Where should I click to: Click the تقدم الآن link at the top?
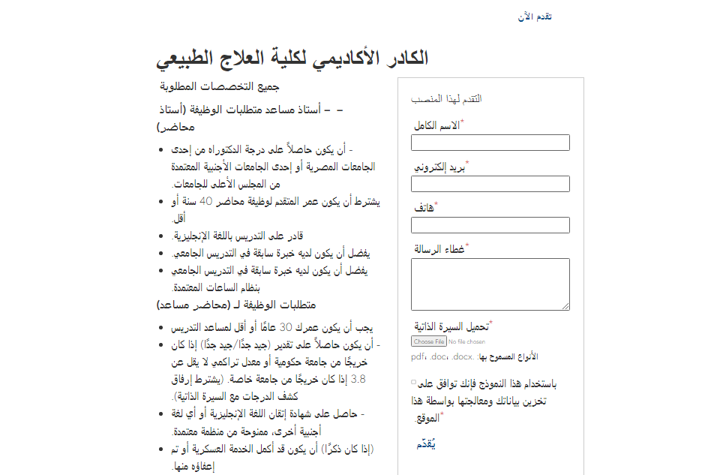[x=535, y=17]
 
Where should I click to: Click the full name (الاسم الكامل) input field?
[x=490, y=143]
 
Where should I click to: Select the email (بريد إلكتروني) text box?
[x=490, y=184]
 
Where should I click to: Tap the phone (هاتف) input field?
[x=490, y=225]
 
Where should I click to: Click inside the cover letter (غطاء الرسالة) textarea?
[x=490, y=284]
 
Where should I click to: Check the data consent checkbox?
[x=413, y=383]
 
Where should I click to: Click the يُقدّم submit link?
[x=426, y=444]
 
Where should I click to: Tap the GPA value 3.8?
[x=358, y=379]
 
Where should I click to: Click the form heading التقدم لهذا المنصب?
[x=447, y=99]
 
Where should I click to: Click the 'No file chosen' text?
[x=466, y=342]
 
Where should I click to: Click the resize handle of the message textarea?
[x=566, y=306]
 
